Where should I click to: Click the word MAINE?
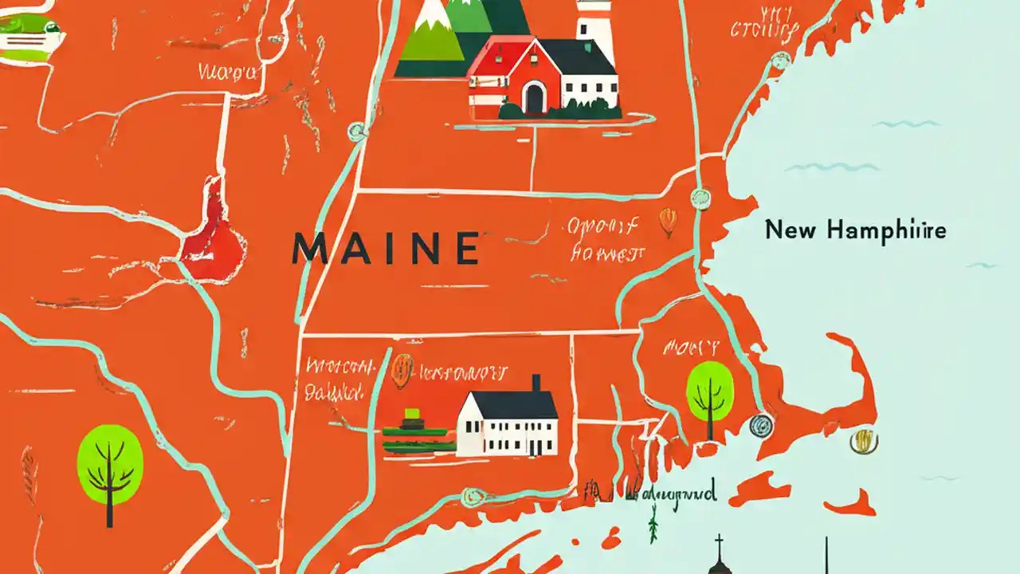pyautogui.click(x=386, y=248)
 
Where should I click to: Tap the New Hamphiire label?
pyautogui.click(x=856, y=230)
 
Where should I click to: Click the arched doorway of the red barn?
pyautogui.click(x=533, y=97)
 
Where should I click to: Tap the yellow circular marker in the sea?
pyautogui.click(x=863, y=441)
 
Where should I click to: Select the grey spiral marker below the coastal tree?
pyautogui.click(x=762, y=427)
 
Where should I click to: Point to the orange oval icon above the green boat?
pyautogui.click(x=402, y=370)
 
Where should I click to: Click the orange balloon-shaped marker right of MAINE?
pyautogui.click(x=668, y=221)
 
